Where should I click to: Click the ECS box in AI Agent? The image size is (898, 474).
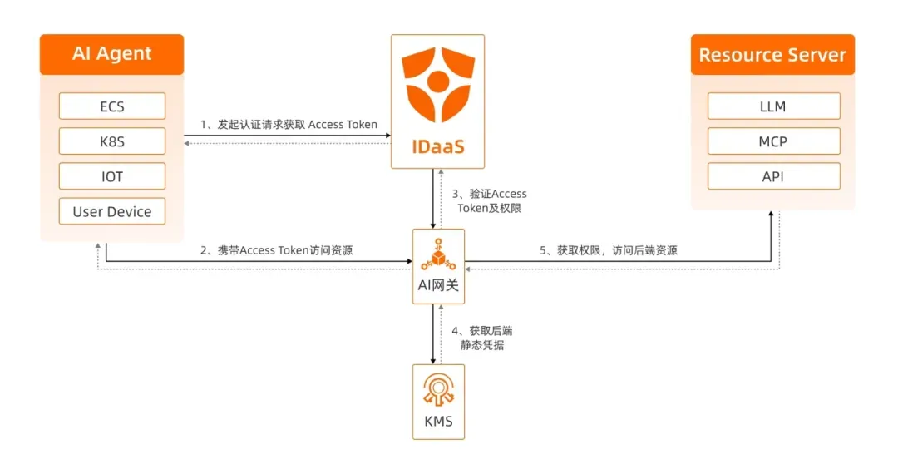(112, 106)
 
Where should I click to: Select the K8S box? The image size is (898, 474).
(112, 141)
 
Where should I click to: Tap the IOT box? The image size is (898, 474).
(112, 176)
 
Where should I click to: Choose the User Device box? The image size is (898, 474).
(112, 211)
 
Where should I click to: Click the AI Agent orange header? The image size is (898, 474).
(112, 54)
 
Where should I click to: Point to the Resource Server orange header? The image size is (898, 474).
(772, 55)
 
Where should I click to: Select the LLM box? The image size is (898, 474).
(772, 106)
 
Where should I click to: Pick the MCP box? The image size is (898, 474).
(772, 141)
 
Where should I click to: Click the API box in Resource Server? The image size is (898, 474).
(772, 176)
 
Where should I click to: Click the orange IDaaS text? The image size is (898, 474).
(438, 147)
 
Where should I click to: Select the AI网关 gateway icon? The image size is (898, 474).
(438, 254)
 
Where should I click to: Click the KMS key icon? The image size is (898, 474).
(438, 389)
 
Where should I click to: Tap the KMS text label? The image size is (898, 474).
(438, 422)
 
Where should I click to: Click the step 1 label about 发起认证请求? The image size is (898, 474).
(289, 125)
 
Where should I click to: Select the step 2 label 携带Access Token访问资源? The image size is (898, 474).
(276, 249)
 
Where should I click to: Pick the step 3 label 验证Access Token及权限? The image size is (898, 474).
(482, 201)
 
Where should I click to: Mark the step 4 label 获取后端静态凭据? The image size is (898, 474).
(476, 338)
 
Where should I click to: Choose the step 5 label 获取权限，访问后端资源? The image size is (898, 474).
(608, 249)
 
